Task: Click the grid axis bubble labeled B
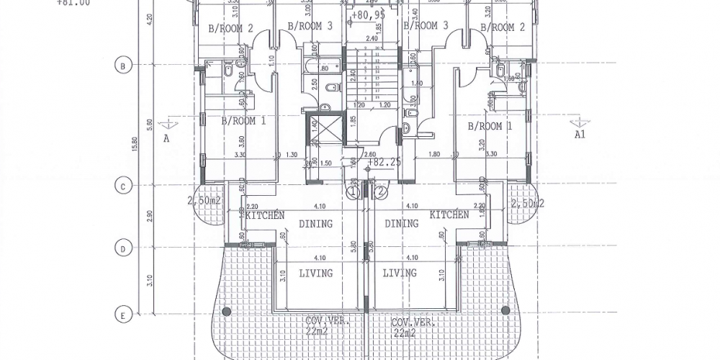coord(122,66)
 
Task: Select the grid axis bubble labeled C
coord(122,186)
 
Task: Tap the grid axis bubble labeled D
coord(122,249)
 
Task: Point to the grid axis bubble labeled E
coord(122,314)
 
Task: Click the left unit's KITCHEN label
coord(265,215)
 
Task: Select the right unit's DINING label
coord(401,224)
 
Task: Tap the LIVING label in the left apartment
coord(315,273)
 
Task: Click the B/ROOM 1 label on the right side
coord(490,126)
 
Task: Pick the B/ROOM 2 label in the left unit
coord(230,28)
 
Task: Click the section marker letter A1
coord(580,135)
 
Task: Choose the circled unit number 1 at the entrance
coord(353,193)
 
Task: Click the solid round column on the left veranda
coord(227,312)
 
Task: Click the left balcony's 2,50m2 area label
coord(203,200)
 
